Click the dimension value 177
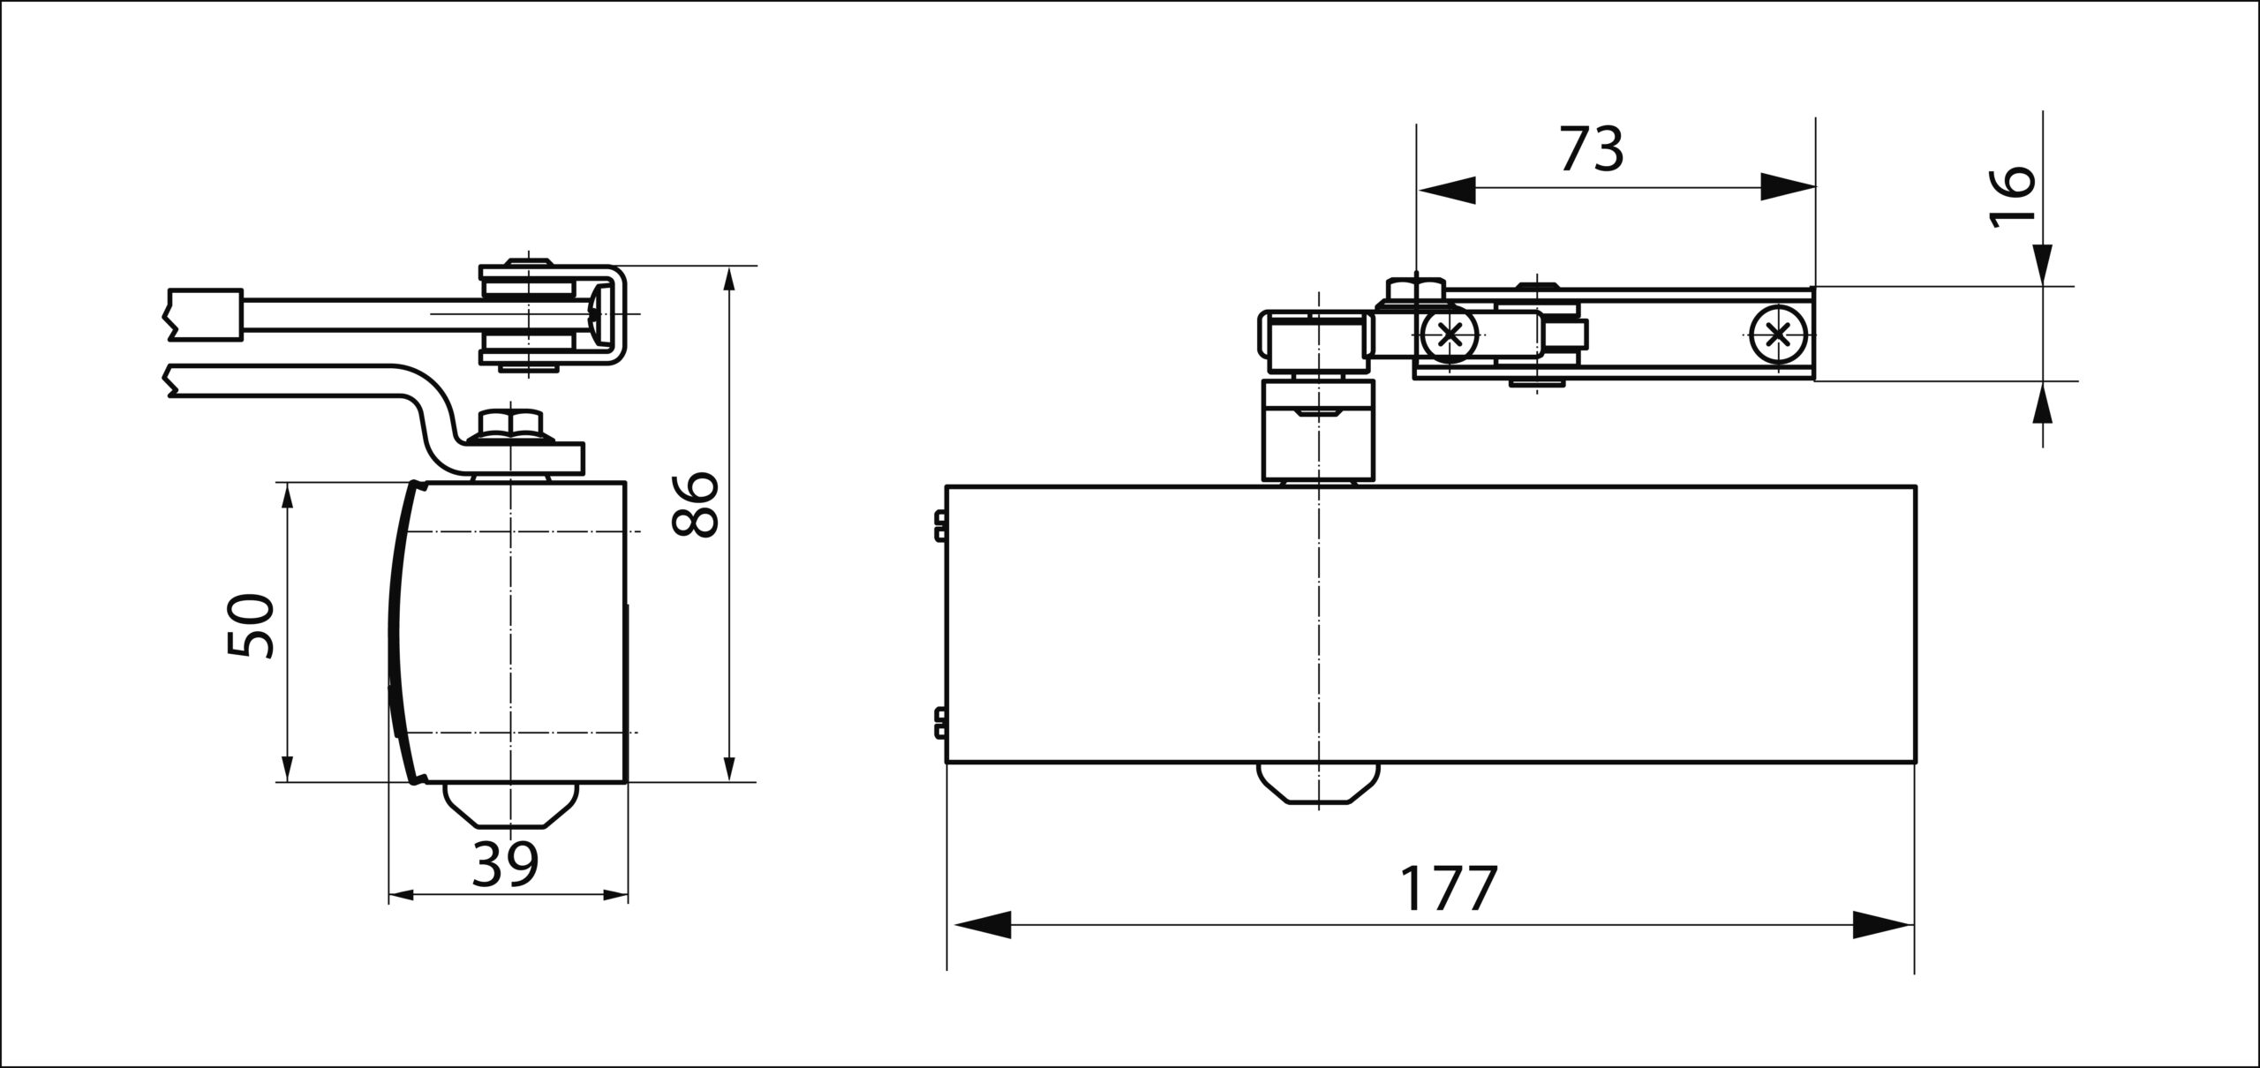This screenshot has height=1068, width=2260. coord(1450,890)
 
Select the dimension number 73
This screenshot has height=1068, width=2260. coord(1592,149)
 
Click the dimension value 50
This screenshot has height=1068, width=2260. coord(251,626)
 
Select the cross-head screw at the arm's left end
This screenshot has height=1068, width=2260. coord(1449,335)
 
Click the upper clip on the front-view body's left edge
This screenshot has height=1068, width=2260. coord(940,524)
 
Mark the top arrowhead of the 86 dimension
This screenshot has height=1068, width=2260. coord(728,284)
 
